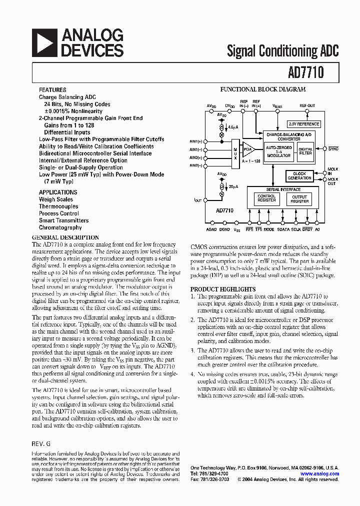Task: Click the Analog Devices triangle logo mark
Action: click(x=43, y=42)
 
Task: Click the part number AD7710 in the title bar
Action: click(x=305, y=72)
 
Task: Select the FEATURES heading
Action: click(x=52, y=90)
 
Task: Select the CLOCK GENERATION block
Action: click(x=299, y=176)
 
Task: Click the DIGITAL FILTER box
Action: click(x=305, y=151)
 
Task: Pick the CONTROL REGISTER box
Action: click(x=266, y=199)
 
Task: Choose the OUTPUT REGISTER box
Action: click(x=299, y=199)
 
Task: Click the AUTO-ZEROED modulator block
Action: click(x=278, y=151)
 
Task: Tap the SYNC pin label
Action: click(x=333, y=149)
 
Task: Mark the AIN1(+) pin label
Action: click(x=196, y=141)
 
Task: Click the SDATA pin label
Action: click(x=283, y=229)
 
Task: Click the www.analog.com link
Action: click(x=319, y=473)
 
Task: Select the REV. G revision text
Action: click(x=41, y=444)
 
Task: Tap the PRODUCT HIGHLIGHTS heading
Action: click(x=223, y=289)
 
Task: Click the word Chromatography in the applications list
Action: click(x=60, y=227)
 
